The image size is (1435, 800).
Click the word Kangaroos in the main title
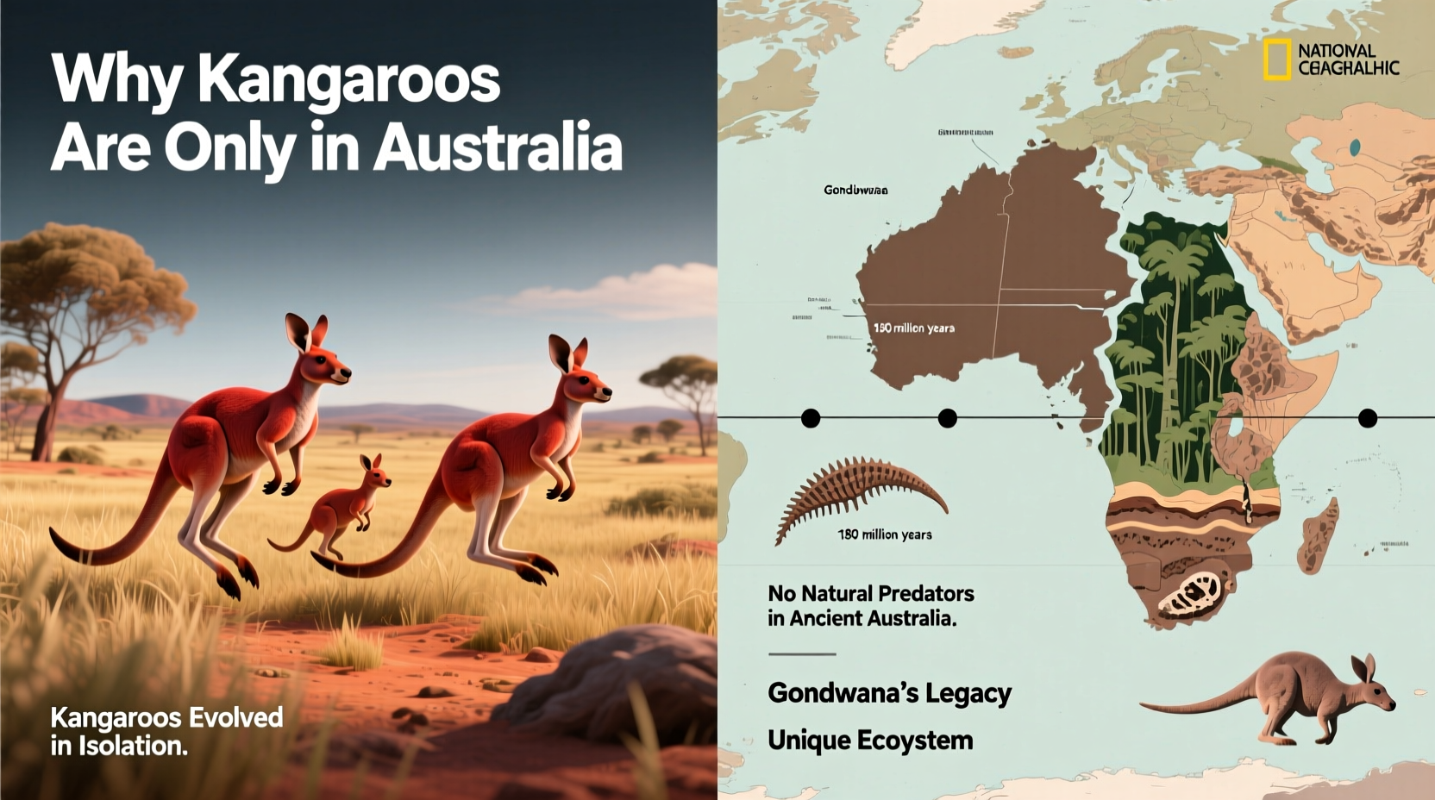coord(348,80)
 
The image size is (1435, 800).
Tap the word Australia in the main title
coord(498,147)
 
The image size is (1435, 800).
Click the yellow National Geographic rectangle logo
coord(1277,59)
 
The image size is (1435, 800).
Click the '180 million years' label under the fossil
coord(885,534)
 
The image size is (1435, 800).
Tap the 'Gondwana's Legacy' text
coord(889,693)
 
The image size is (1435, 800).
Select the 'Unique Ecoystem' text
coord(870,741)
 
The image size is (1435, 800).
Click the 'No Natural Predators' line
coord(871,593)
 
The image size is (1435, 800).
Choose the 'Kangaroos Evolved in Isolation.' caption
coord(166,731)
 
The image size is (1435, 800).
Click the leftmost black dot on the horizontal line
coord(811,418)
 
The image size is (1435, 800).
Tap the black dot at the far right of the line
coord(1367,418)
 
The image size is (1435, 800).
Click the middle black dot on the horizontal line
coord(947,418)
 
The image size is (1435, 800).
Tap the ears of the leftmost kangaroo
coord(307,331)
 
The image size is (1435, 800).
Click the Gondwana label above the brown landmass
coord(855,190)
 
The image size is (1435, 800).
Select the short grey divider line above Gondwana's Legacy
coord(802,654)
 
